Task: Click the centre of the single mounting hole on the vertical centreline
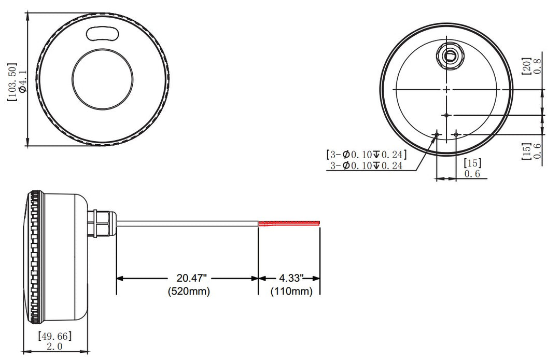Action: tap(446, 115)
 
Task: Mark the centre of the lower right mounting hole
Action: tap(456, 134)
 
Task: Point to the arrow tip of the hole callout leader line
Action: tap(437, 136)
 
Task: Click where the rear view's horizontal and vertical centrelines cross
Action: tap(446, 89)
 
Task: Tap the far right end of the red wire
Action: tap(319, 224)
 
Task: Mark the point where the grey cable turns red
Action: tap(258, 224)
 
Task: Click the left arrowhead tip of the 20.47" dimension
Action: tap(117, 278)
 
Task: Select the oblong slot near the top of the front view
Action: tap(102, 34)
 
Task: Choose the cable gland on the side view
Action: tap(102, 224)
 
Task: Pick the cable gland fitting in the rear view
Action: tap(449, 56)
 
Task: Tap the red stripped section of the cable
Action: tap(289, 224)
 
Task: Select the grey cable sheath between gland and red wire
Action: tap(188, 224)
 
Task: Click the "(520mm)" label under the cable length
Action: tap(189, 291)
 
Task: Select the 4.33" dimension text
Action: tap(291, 278)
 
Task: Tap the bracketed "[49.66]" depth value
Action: tap(55, 336)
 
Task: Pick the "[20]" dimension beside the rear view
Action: tap(526, 66)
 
